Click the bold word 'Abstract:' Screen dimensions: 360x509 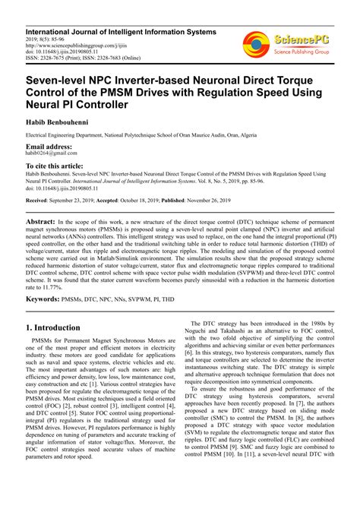44,218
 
